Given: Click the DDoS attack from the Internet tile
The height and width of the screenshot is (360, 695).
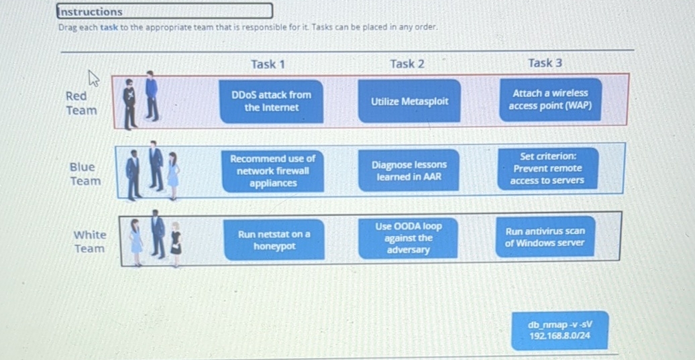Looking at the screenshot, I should click(271, 101).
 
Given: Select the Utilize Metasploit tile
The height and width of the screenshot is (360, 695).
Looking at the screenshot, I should click(409, 101).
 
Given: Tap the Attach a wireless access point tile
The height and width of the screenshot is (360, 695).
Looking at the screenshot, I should click(549, 100).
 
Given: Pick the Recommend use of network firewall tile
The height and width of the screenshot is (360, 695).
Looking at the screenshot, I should click(272, 171).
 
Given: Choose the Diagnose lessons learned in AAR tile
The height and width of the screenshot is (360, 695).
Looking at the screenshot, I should click(409, 170).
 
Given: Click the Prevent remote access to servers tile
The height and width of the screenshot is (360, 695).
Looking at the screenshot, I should click(547, 168).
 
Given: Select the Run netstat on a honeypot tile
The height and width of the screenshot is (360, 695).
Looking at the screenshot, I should click(274, 240).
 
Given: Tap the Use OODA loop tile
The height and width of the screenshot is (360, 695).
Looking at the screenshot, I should click(408, 238).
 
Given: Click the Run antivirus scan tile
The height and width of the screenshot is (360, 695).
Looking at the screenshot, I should click(545, 237).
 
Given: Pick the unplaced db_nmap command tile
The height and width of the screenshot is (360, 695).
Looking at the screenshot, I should click(559, 330).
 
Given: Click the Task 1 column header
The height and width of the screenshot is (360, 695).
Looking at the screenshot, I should click(268, 64).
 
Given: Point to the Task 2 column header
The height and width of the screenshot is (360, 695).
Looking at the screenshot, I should click(407, 64).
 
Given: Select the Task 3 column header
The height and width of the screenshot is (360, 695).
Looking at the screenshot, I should click(545, 63).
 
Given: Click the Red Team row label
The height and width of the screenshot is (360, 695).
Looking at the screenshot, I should click(81, 103).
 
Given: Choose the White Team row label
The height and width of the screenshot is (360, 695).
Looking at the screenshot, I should click(89, 241).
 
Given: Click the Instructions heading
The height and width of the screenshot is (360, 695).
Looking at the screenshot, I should click(91, 11).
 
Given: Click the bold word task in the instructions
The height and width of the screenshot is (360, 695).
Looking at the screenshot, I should click(109, 27).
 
